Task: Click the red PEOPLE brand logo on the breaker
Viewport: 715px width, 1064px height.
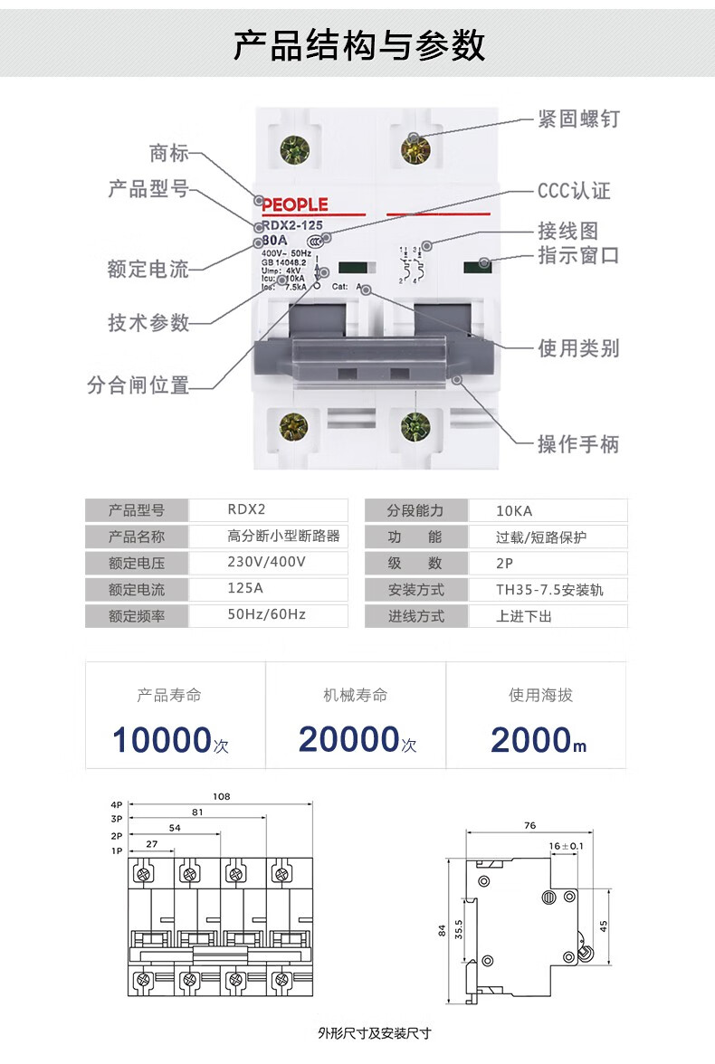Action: click(x=295, y=205)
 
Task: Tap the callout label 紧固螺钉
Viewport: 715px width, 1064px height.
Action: click(x=578, y=119)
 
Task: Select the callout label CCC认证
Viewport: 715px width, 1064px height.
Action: click(x=574, y=191)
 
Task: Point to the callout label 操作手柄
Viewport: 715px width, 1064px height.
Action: click(x=578, y=444)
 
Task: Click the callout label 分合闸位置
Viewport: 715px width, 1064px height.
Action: click(x=138, y=385)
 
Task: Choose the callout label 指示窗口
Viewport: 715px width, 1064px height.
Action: click(x=578, y=256)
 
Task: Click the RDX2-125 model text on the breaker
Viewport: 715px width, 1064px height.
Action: click(x=292, y=226)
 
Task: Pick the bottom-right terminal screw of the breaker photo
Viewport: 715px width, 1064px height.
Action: click(x=415, y=423)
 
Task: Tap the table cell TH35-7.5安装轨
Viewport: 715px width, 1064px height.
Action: click(x=548, y=590)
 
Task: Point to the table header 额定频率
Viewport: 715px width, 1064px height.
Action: click(x=137, y=616)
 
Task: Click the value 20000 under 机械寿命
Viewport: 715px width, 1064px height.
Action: click(x=349, y=740)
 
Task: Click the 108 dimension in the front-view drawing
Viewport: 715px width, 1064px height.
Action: click(x=222, y=796)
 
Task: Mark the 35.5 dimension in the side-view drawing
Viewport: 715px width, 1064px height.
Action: click(x=459, y=929)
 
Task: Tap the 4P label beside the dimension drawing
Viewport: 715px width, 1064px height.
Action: click(x=116, y=803)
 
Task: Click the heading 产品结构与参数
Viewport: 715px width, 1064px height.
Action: click(x=358, y=45)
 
